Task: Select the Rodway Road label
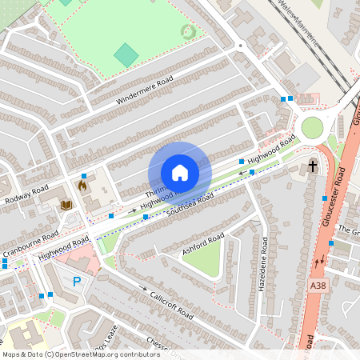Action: [26, 192]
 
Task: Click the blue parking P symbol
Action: [77, 281]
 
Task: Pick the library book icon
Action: [66, 206]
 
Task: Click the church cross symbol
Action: [312, 167]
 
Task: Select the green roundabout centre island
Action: [311, 127]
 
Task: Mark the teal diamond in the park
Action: [126, 55]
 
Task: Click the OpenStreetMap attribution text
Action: [81, 354]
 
